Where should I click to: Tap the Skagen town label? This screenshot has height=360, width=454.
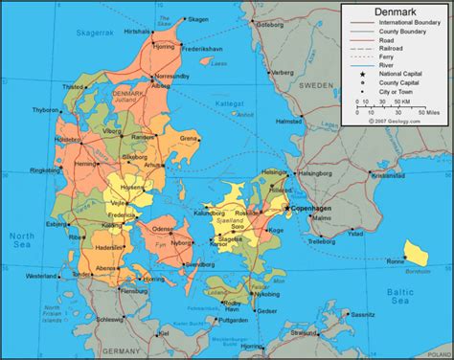coord(197,19)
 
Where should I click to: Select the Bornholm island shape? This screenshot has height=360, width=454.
coord(416,251)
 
